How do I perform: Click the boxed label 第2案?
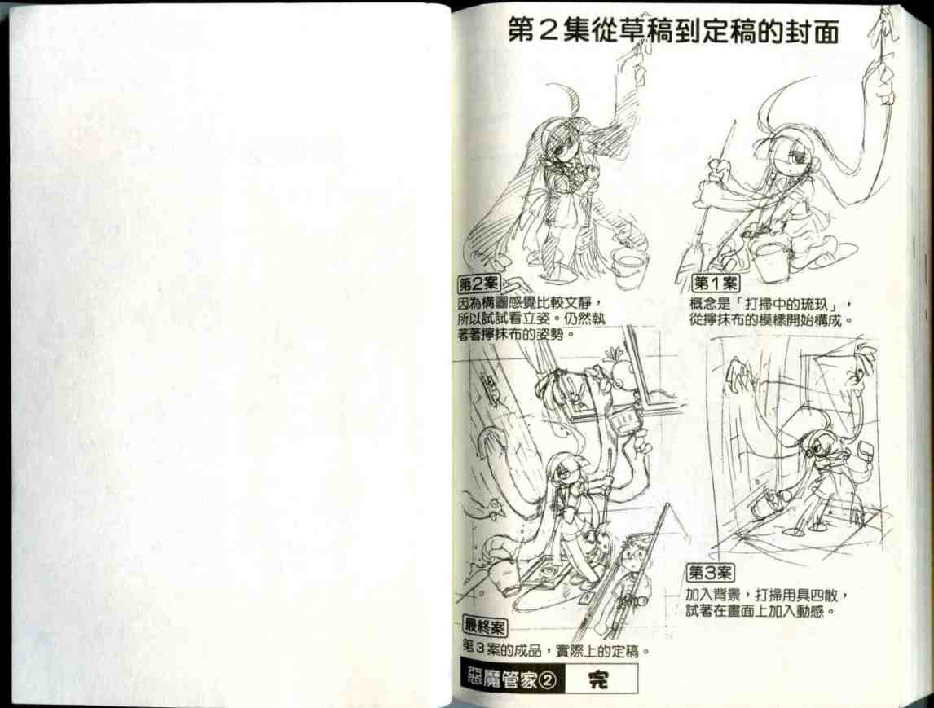click(478, 284)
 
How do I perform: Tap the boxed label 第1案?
click(715, 284)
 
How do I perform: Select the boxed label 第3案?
click(709, 573)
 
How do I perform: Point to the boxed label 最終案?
click(485, 626)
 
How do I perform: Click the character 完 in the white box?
click(599, 679)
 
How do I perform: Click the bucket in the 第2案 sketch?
click(628, 266)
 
